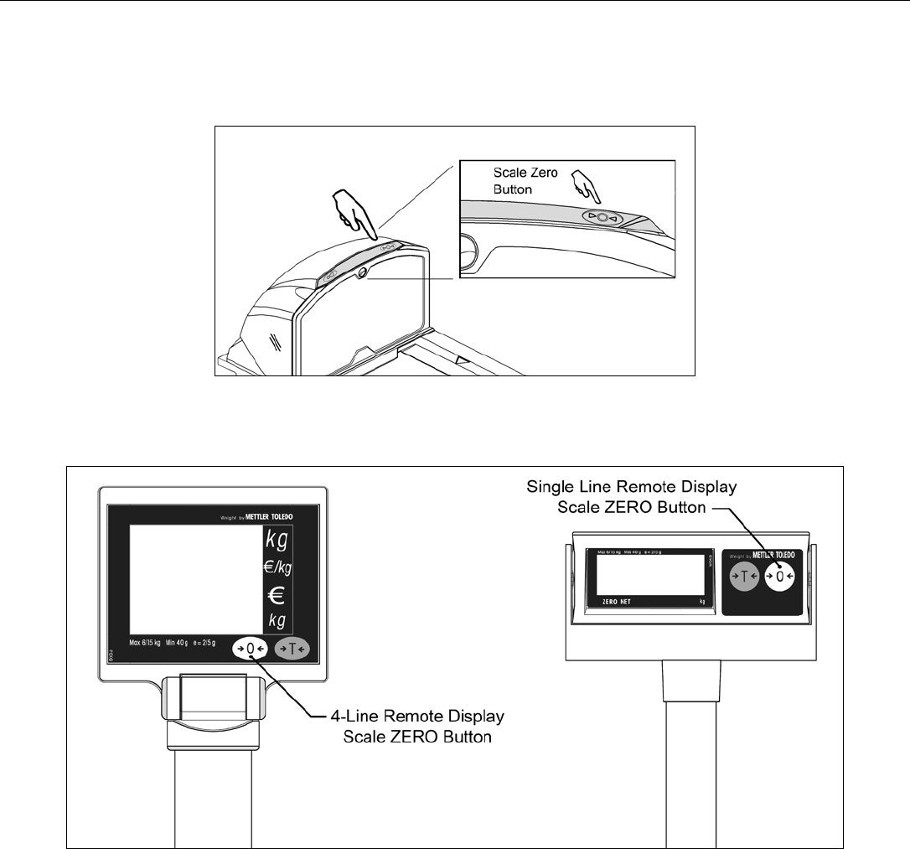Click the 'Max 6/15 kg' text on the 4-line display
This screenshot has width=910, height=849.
point(150,643)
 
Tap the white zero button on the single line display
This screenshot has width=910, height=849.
point(780,577)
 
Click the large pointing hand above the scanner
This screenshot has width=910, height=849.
point(351,210)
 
